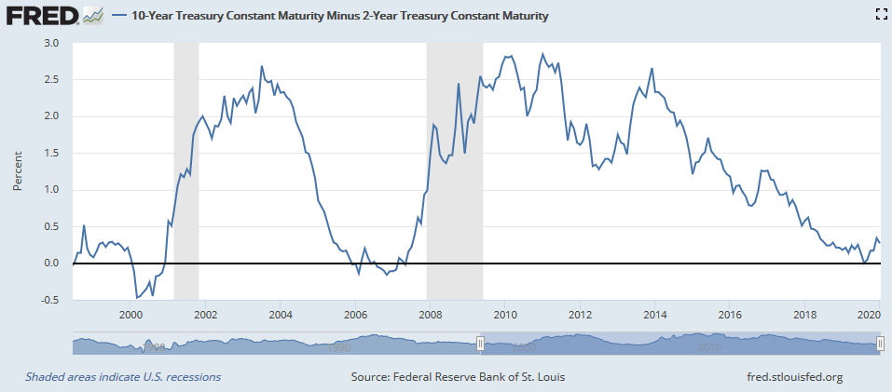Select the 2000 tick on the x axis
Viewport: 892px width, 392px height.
(x=130, y=313)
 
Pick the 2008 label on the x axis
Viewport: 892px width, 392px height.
(x=430, y=313)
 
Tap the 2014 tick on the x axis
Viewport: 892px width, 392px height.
(x=654, y=313)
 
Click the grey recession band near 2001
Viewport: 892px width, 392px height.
(x=186, y=168)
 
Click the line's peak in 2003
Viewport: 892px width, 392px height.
(x=262, y=66)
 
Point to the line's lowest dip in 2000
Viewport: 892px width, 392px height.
(x=138, y=298)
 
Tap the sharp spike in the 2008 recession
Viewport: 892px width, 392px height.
(x=459, y=85)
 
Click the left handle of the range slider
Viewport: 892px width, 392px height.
(x=480, y=345)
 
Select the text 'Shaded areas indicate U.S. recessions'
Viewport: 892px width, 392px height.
(x=123, y=377)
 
